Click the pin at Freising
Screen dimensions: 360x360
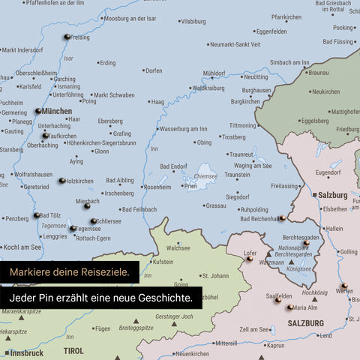tap(67, 37)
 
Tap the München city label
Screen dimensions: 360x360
tap(58, 111)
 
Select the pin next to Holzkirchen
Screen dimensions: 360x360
tap(62, 181)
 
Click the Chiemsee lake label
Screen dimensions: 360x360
tap(205, 177)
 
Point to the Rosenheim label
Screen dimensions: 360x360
tap(157, 187)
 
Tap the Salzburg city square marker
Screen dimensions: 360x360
tap(313, 194)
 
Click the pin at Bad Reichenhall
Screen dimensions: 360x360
tap(282, 218)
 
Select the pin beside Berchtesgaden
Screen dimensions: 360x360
tap(306, 242)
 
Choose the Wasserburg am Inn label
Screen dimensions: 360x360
tap(184, 129)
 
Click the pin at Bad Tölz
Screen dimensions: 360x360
tap(36, 215)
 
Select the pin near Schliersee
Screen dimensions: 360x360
tap(93, 221)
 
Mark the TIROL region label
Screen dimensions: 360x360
tap(73, 350)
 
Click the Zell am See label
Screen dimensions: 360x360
tap(255, 329)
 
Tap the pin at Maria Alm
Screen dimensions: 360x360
tap(289, 307)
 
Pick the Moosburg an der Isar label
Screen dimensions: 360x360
tap(130, 17)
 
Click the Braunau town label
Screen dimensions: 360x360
tap(319, 73)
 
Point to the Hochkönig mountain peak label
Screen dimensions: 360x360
tap(314, 292)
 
